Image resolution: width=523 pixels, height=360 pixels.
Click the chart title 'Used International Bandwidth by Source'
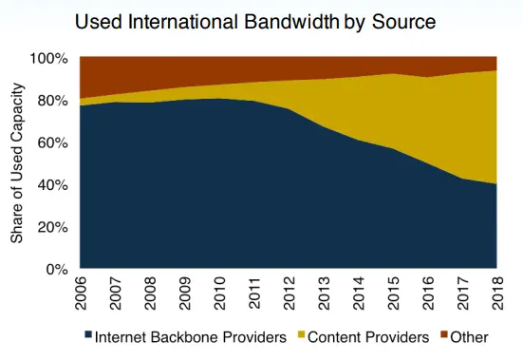click(x=261, y=20)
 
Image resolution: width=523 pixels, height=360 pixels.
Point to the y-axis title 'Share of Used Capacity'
click(x=17, y=163)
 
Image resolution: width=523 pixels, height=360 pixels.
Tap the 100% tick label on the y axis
click(x=49, y=59)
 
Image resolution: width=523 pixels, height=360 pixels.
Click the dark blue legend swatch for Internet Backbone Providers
click(x=87, y=336)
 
